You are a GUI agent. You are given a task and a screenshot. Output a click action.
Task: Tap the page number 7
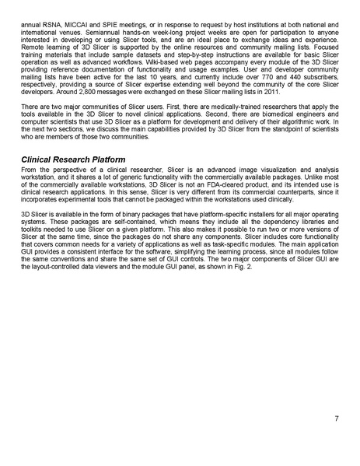[x=334, y=419]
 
